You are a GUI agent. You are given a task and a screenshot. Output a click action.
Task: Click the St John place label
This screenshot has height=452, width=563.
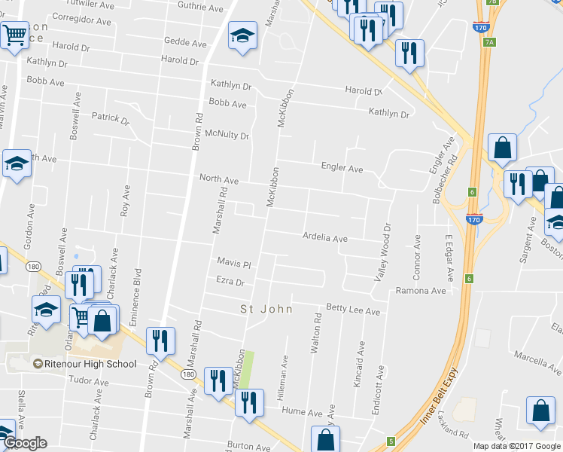coord(264,308)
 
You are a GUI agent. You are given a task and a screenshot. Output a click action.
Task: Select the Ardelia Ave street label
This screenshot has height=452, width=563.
coord(324,238)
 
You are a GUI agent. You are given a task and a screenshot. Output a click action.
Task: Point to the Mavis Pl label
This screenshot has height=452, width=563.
coord(233,264)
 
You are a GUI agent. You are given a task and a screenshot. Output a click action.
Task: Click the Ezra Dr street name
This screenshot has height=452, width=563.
coord(230,282)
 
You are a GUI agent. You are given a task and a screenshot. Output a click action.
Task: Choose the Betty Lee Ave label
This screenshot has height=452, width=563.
coord(352,310)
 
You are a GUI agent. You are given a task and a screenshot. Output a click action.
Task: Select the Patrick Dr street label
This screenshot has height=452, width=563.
coord(111,118)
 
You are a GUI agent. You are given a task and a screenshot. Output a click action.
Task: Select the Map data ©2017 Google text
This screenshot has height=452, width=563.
coord(516,446)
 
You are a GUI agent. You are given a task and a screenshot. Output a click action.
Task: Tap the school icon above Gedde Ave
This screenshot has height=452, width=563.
coord(242,35)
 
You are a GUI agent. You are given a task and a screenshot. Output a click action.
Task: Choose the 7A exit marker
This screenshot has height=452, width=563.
coord(490,42)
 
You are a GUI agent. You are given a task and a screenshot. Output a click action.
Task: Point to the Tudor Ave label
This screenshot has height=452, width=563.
coord(84,380)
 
